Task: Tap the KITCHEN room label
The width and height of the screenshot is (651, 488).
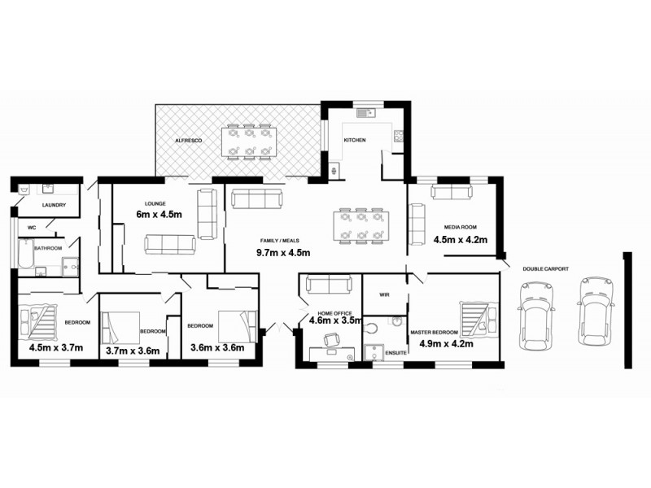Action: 355,141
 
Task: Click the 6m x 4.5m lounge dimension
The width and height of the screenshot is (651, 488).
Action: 158,215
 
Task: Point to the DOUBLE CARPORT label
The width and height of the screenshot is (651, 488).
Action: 545,268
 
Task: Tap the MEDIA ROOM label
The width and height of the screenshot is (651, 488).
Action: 460,227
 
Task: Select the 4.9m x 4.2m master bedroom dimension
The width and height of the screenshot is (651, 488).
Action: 445,343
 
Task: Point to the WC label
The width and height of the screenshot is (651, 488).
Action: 32,228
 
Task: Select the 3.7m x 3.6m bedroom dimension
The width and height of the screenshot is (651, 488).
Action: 133,351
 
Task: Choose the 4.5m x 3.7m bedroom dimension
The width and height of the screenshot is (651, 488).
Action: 56,347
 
